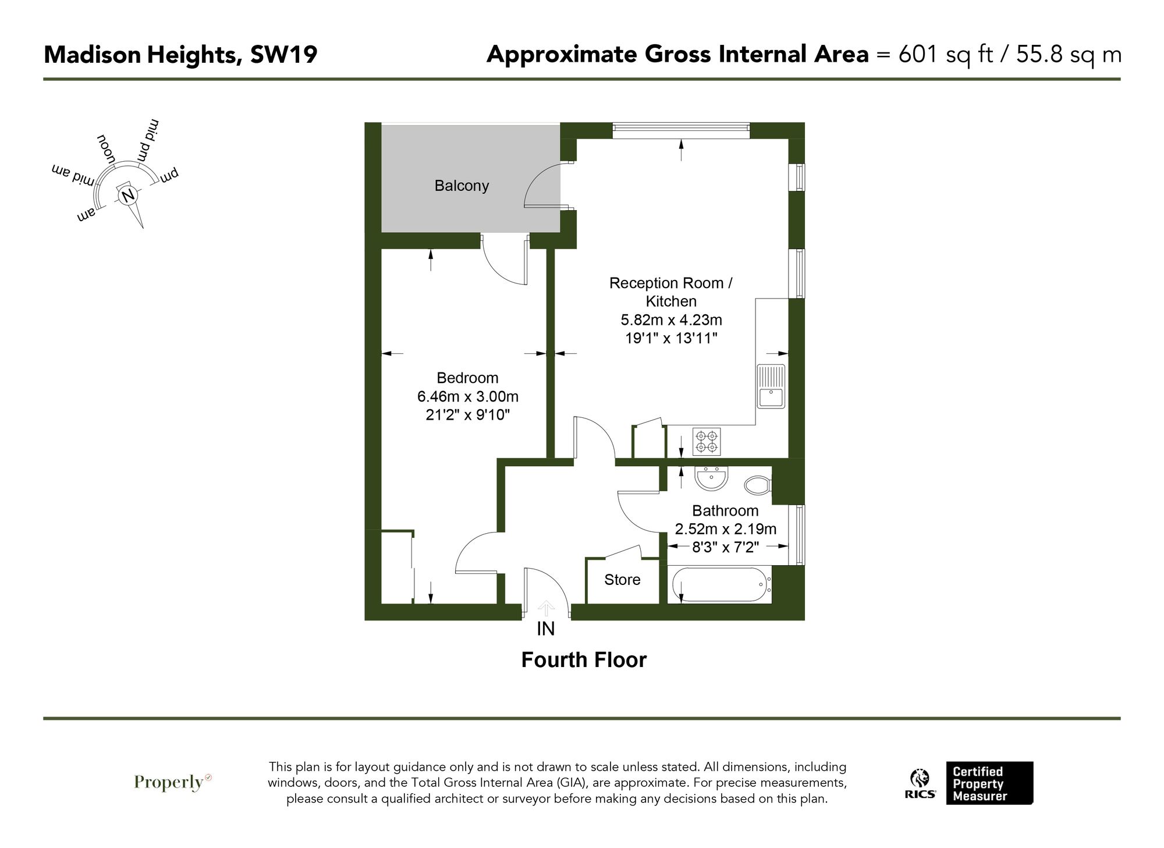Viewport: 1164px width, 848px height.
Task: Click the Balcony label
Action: (462, 186)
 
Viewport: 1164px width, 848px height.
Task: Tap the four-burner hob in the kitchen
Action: (707, 441)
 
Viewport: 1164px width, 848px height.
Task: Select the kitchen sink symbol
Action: (771, 386)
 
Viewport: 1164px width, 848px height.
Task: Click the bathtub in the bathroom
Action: (719, 584)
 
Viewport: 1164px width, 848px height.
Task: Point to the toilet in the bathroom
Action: (758, 485)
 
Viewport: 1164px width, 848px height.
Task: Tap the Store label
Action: (622, 580)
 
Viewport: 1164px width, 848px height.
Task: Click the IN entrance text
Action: (545, 629)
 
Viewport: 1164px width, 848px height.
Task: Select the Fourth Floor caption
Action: (584, 660)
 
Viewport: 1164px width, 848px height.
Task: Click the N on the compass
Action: (129, 195)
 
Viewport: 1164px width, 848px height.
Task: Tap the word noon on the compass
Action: (106, 148)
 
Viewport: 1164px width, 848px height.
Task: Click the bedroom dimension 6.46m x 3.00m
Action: (467, 397)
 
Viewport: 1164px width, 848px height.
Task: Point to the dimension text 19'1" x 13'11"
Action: (671, 338)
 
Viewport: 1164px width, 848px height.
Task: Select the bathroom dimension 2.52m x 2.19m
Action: (725, 529)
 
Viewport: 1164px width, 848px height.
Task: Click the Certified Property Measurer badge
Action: (989, 783)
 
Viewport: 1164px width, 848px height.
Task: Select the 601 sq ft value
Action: (946, 55)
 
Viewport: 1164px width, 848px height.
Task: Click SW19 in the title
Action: (283, 55)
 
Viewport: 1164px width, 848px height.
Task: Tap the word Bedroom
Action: (467, 378)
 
